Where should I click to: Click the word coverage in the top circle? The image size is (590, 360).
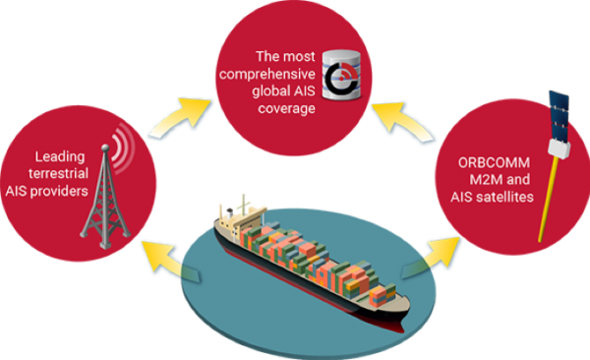(283, 108)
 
